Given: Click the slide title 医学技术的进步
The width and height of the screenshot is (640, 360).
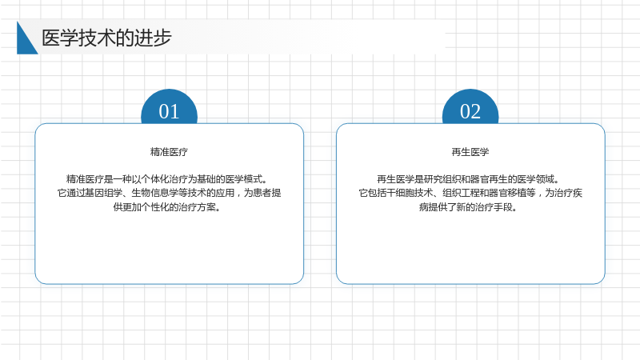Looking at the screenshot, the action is [106, 38].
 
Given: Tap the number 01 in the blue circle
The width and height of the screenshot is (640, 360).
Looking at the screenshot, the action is [169, 111].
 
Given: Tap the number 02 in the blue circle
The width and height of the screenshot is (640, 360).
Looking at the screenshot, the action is [470, 111].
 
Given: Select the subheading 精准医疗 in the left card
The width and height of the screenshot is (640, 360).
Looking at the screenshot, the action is [169, 152].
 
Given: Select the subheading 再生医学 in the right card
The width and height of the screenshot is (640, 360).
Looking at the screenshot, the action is [470, 152].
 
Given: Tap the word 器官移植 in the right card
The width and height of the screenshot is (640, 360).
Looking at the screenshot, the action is [508, 193].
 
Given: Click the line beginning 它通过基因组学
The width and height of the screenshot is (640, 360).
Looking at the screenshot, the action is [169, 193].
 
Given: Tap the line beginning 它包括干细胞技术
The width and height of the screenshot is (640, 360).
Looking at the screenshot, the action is [470, 193].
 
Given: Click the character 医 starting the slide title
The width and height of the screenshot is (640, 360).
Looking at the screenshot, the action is [50, 38].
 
